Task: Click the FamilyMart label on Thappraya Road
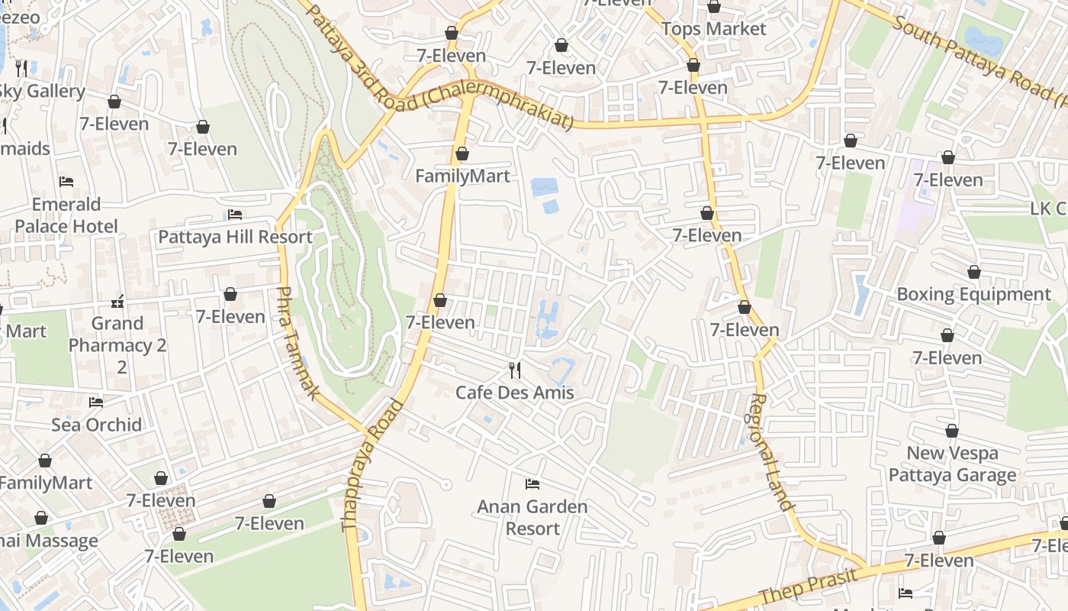462,176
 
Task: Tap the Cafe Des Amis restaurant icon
515,370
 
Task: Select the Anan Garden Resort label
532,518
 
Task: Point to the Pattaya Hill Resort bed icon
235,215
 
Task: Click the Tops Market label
713,29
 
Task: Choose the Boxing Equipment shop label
973,294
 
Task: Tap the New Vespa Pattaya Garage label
952,464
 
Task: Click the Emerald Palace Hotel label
66,215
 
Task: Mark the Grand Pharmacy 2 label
117,345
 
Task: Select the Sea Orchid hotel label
96,425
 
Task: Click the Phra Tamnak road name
297,343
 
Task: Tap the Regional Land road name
771,452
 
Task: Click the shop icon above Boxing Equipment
974,272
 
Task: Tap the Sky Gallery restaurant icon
21,69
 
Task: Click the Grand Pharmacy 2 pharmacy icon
117,301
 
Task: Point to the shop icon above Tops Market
714,7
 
